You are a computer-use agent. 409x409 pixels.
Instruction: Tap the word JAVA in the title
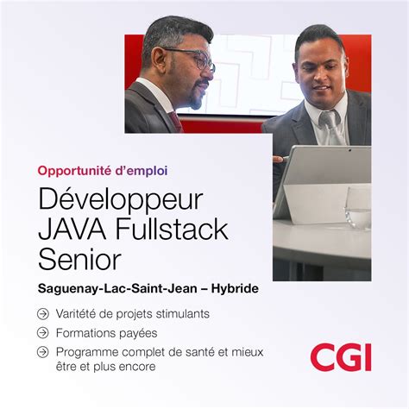pos(71,230)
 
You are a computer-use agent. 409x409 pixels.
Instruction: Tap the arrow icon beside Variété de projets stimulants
pos(43,313)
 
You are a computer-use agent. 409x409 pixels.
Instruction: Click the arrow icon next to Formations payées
pos(43,332)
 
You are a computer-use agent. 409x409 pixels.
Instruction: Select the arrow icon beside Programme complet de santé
pos(43,351)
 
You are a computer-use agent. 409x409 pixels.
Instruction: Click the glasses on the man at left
pos(195,59)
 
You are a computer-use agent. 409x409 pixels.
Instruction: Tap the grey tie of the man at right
pos(330,129)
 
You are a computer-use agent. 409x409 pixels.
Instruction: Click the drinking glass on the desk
pos(357,207)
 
